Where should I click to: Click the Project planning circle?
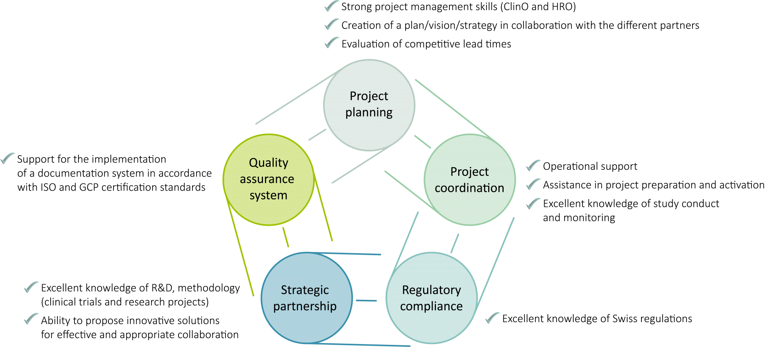(369, 105)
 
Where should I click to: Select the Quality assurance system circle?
(269, 179)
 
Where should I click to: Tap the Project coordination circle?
(470, 179)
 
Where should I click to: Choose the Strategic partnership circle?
(306, 298)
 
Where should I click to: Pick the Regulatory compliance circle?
(432, 298)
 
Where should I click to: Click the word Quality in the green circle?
(269, 163)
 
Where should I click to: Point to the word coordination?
(469, 188)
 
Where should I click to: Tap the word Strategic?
(305, 290)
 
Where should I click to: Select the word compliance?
(432, 306)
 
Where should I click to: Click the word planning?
(369, 112)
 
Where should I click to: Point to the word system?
(269, 195)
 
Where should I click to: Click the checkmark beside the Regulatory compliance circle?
(492, 318)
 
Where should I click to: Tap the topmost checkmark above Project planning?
(331, 6)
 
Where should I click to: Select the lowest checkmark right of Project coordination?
(534, 203)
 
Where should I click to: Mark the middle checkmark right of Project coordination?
(534, 184)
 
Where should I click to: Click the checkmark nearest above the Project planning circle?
(331, 42)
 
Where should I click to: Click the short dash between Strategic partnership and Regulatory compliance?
(366, 301)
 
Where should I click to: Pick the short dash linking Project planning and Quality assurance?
(317, 135)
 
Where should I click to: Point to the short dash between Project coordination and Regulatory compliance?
(455, 243)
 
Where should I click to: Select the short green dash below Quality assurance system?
(285, 237)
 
